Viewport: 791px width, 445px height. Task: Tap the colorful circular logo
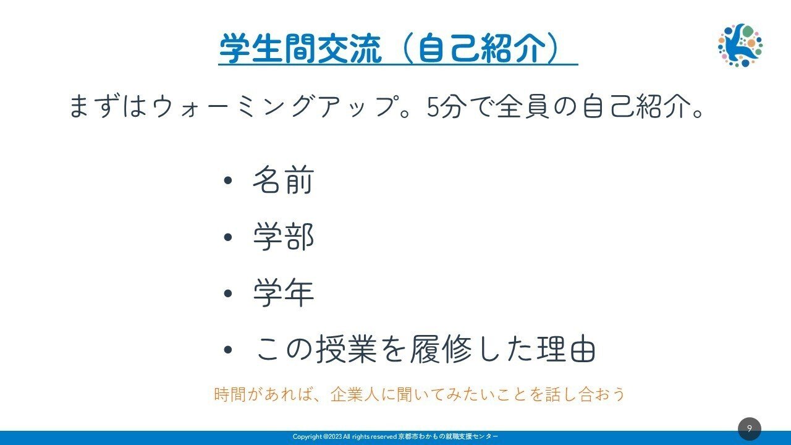click(x=740, y=45)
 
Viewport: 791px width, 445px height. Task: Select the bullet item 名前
click(x=283, y=180)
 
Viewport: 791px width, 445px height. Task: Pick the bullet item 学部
click(x=283, y=237)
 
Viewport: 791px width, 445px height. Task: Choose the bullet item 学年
click(x=283, y=293)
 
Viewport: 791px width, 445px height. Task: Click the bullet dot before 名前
click(x=228, y=180)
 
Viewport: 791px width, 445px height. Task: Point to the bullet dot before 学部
click(x=228, y=237)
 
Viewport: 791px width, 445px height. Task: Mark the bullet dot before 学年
click(x=228, y=293)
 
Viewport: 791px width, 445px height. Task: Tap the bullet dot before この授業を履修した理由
click(x=228, y=350)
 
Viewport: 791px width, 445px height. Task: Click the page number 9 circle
click(x=750, y=429)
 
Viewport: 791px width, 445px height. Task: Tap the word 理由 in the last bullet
click(x=566, y=349)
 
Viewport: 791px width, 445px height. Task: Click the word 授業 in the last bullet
click(x=346, y=349)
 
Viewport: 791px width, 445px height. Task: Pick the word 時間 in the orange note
click(x=230, y=394)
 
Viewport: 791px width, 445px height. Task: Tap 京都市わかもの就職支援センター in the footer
click(x=448, y=436)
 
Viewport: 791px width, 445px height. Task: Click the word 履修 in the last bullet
click(x=441, y=349)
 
